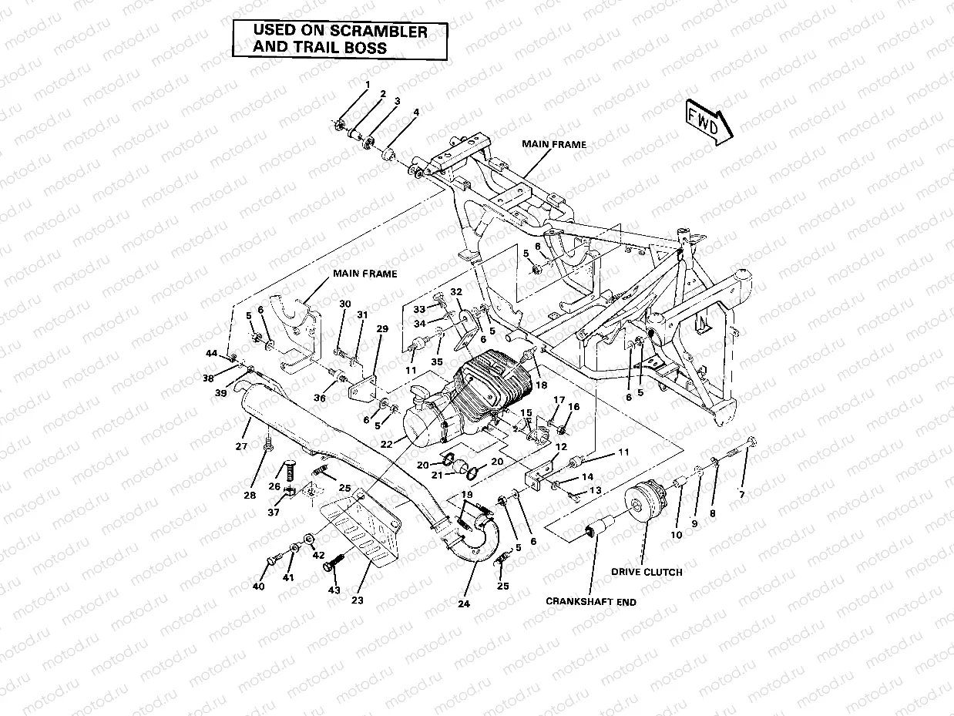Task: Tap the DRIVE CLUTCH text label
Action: coord(647,572)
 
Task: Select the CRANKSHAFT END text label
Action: coord(591,602)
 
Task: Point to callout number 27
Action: coord(241,446)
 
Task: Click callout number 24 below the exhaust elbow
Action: coord(463,603)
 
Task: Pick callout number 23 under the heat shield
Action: coord(358,600)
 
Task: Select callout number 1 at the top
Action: coord(368,84)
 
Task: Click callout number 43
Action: coord(334,590)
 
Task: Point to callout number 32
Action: coord(455,292)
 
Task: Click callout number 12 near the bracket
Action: coord(560,447)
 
